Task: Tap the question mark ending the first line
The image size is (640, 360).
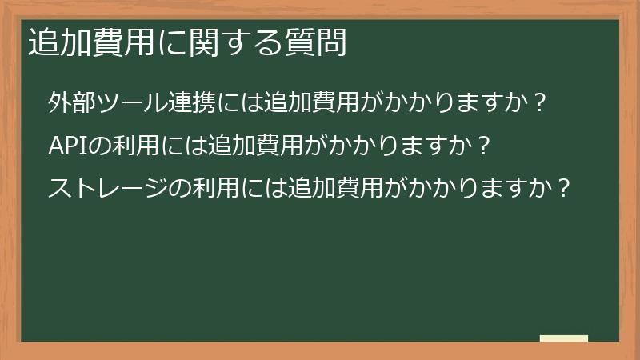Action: tap(539, 104)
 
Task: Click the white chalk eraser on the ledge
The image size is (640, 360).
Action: tap(564, 338)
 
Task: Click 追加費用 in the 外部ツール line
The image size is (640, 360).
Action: tap(298, 104)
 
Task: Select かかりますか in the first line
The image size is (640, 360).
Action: tap(447, 104)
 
